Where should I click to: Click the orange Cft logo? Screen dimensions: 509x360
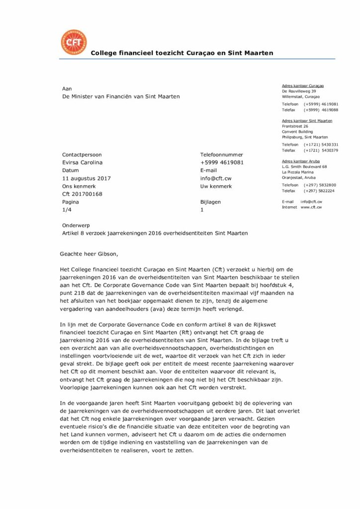coord(73,43)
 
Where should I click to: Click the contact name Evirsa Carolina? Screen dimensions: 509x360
coord(82,163)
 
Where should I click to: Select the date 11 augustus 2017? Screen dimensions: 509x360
coord(87,178)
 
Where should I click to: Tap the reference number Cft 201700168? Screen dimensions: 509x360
coord(82,194)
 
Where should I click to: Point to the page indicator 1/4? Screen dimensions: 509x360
coord(67,210)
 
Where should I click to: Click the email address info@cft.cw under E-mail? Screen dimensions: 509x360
coord(216,178)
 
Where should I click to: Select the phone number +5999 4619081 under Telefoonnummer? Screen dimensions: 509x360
coord(222,163)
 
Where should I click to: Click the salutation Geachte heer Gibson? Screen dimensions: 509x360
coord(90,254)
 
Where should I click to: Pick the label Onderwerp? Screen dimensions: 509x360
coord(76,225)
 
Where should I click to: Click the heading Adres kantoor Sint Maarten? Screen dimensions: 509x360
coord(307,121)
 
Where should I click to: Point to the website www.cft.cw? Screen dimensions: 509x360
coord(311,207)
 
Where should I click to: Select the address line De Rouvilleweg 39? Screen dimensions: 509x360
coord(299,91)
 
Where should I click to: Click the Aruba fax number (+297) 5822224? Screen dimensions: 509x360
coord(319,191)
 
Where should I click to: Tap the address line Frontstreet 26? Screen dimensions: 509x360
coord(295,126)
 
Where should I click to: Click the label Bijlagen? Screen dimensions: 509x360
coord(210,202)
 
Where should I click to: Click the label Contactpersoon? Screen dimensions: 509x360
coord(82,155)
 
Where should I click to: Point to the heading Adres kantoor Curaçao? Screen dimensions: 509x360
coord(303,86)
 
